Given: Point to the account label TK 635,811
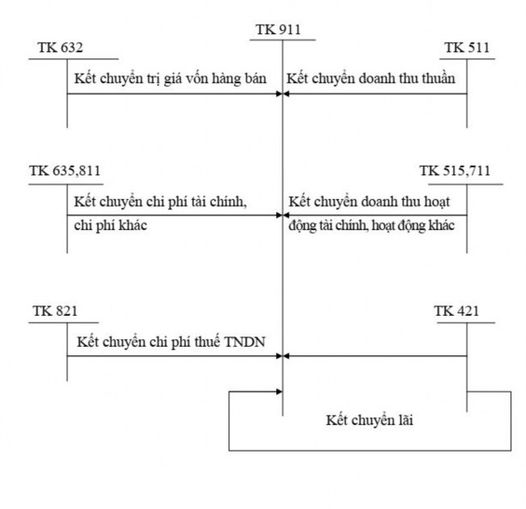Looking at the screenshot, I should coord(64,170).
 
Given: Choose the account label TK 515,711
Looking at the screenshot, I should coord(455,170).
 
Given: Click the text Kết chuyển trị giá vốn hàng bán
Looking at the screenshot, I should coord(172,78).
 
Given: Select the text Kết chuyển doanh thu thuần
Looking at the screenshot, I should coord(371,78).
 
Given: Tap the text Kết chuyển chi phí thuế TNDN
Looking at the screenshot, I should coord(172,342).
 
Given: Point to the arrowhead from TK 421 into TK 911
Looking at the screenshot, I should coord(287,355).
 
